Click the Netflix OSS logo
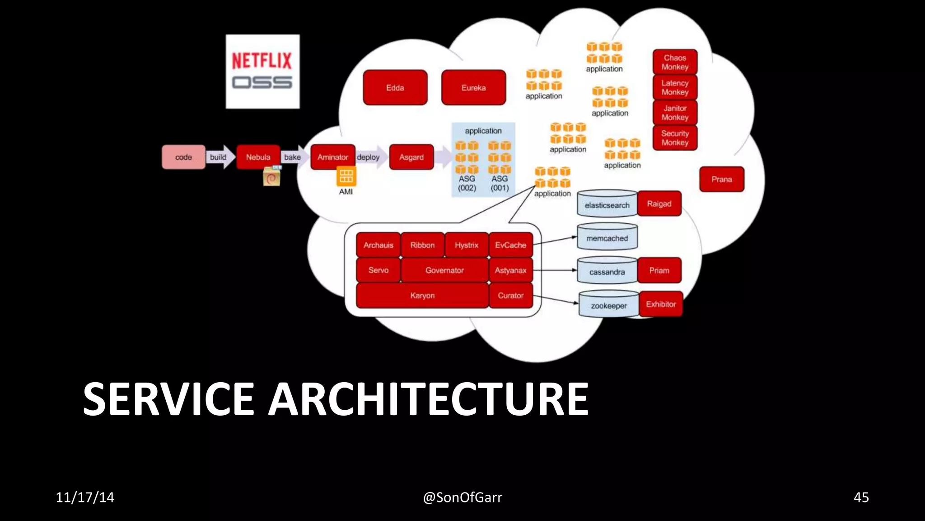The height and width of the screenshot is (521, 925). point(262,71)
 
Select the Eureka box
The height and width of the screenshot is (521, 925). point(473,88)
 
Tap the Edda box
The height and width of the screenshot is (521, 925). point(395,88)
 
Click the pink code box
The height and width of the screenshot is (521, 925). point(183,157)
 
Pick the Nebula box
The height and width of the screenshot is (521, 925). point(258,157)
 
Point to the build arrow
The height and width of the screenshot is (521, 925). point(220,157)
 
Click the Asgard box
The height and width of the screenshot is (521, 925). point(411,157)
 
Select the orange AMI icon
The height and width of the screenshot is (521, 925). point(346,176)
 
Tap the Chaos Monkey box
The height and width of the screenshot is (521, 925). point(675,62)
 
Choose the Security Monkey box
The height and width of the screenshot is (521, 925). point(675,138)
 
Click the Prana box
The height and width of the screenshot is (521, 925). point(721,180)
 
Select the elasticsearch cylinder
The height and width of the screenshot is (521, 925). point(607,204)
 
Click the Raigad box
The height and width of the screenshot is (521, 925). point(659,204)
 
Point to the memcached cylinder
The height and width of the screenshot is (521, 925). point(607,237)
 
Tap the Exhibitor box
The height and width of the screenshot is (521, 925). point(660,304)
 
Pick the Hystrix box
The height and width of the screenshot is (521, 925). point(466,245)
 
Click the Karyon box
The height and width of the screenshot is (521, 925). point(422,296)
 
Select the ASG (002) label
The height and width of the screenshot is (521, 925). point(467,183)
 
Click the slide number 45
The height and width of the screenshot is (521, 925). point(861,497)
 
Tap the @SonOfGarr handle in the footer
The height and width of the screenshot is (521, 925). point(462,497)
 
